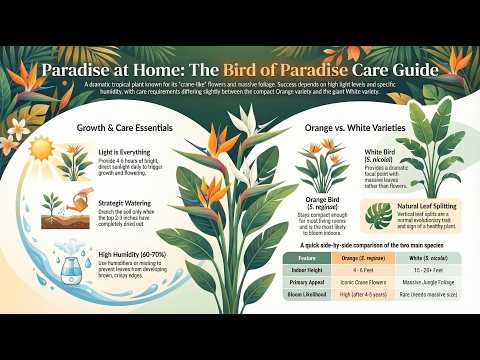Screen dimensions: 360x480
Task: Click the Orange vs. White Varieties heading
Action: [x=352, y=128]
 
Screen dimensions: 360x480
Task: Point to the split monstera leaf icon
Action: [x=377, y=214]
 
